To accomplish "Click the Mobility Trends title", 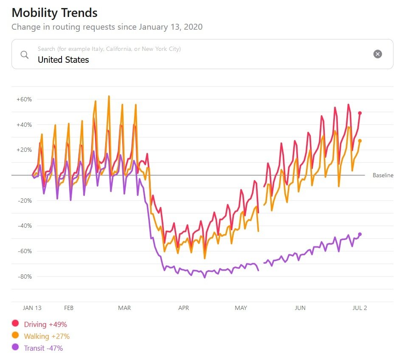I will coord(54,13).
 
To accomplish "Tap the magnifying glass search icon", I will coord(25,55).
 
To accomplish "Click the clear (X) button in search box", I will coord(377,54).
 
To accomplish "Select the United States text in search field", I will coord(63,60).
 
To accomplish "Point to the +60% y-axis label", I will coord(24,99).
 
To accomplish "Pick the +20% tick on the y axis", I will coord(24,150).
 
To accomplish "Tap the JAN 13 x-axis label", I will coord(32,308).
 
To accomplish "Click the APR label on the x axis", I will coord(183,308).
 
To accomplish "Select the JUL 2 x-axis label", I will coord(360,308).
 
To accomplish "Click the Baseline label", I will coord(383,175).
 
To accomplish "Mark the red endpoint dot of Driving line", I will coord(360,113).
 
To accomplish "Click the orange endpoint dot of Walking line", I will coord(360,141).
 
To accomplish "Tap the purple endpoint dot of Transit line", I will coord(360,234).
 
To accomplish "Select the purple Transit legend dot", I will coord(16,348).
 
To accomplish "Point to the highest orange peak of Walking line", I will coord(109,96).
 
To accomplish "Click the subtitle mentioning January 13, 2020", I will coord(107,27).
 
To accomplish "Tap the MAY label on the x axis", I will coord(241,308).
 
